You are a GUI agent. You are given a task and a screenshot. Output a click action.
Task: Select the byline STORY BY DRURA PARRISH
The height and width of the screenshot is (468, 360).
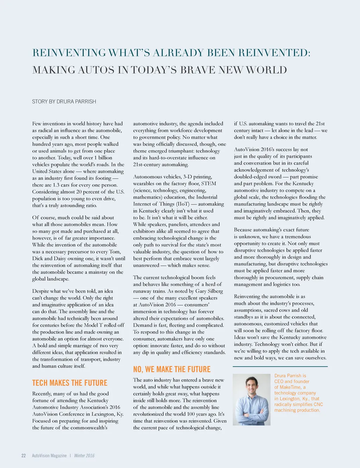64,101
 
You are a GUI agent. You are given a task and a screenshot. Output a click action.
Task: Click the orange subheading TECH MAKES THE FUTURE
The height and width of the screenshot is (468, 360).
70,383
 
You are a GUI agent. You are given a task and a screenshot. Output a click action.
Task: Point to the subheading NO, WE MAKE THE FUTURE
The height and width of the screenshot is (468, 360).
172,369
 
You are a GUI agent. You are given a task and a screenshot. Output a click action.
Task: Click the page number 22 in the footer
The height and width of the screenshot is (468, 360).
24,455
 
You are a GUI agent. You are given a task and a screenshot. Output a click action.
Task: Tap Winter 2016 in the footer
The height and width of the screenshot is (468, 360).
84,455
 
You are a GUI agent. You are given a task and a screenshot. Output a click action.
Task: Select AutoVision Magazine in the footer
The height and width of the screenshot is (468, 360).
49,455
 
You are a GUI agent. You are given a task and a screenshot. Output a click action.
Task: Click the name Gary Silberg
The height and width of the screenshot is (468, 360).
209,291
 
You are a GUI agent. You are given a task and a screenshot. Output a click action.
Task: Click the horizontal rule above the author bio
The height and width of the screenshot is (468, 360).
280,367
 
